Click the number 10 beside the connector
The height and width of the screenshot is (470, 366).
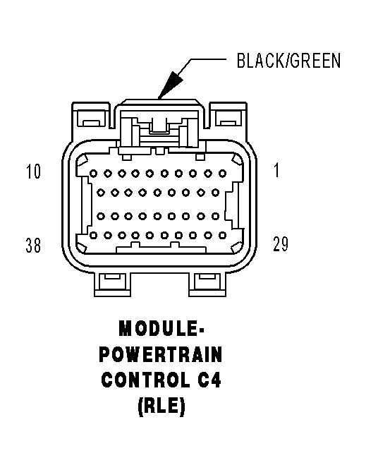[x=33, y=172]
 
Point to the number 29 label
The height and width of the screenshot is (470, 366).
[x=280, y=244]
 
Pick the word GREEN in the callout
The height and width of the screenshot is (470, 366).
[x=315, y=61]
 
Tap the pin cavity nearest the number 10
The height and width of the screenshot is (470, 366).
[x=94, y=172]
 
